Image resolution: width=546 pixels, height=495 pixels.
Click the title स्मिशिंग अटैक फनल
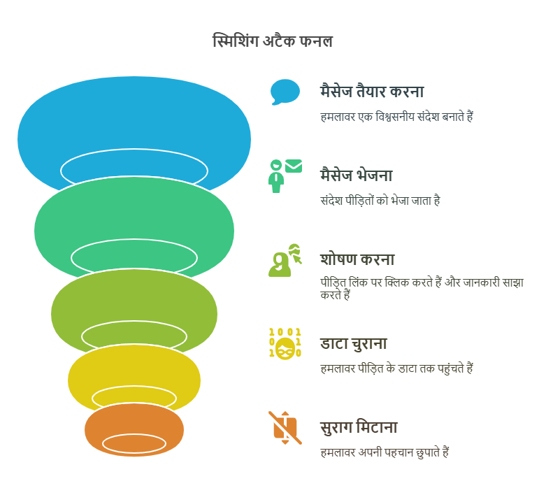273,41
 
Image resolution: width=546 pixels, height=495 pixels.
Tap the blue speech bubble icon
285,92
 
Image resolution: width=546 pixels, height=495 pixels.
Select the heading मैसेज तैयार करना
372,92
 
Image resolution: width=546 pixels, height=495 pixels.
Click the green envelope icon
294,166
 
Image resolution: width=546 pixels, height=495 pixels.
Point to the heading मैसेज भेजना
357,175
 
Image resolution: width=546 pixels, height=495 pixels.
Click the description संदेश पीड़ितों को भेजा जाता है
380,200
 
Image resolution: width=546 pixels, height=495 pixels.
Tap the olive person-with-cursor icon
285,260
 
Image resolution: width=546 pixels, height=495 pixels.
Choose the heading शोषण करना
357,259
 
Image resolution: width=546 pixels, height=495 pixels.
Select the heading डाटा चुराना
354,344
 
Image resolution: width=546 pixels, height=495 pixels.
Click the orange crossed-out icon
285,428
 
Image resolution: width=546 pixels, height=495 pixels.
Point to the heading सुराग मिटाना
359,427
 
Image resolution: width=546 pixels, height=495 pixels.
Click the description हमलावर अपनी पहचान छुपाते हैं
385,452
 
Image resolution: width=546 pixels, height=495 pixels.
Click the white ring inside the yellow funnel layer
134,387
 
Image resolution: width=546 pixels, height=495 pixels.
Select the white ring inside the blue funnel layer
134,150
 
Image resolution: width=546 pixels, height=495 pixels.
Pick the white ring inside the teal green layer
134,240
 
